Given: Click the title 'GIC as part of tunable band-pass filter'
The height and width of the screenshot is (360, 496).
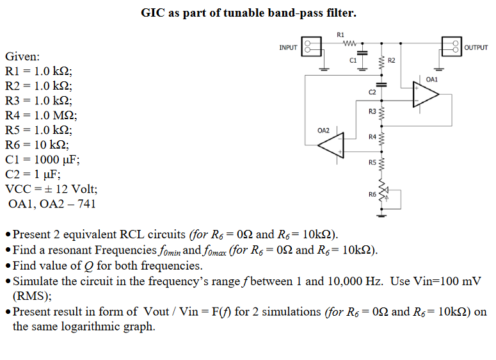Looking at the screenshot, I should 248,13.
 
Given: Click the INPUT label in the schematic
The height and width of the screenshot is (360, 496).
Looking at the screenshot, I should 289,47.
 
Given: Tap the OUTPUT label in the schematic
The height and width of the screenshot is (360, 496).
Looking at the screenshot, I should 476,47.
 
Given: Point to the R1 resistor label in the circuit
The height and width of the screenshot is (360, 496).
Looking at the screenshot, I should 340,35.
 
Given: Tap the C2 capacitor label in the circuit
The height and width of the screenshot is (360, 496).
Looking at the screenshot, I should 372,93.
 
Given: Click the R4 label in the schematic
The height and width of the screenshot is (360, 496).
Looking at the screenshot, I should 372,137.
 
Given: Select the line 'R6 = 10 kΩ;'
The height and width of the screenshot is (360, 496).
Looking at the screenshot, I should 38,145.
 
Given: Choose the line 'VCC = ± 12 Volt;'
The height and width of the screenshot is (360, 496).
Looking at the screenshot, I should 51,190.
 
